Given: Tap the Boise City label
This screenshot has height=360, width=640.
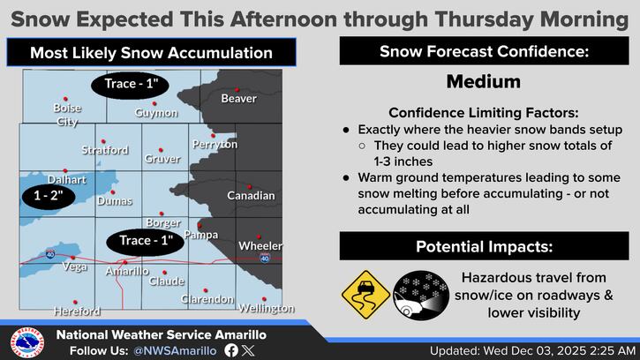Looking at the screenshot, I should pyautogui.click(x=67, y=115).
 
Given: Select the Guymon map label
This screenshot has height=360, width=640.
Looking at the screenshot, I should pyautogui.click(x=156, y=113).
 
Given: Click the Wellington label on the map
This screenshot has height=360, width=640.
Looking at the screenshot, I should pyautogui.click(x=266, y=309).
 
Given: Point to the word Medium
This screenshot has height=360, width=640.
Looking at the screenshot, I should pyautogui.click(x=483, y=82).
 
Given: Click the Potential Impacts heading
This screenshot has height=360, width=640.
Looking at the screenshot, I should pyautogui.click(x=483, y=246).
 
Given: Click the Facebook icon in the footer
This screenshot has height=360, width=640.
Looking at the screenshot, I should pyautogui.click(x=231, y=350).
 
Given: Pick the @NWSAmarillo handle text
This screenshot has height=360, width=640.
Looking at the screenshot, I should pyautogui.click(x=175, y=350).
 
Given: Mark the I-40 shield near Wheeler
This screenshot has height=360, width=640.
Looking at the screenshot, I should pyautogui.click(x=265, y=258).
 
